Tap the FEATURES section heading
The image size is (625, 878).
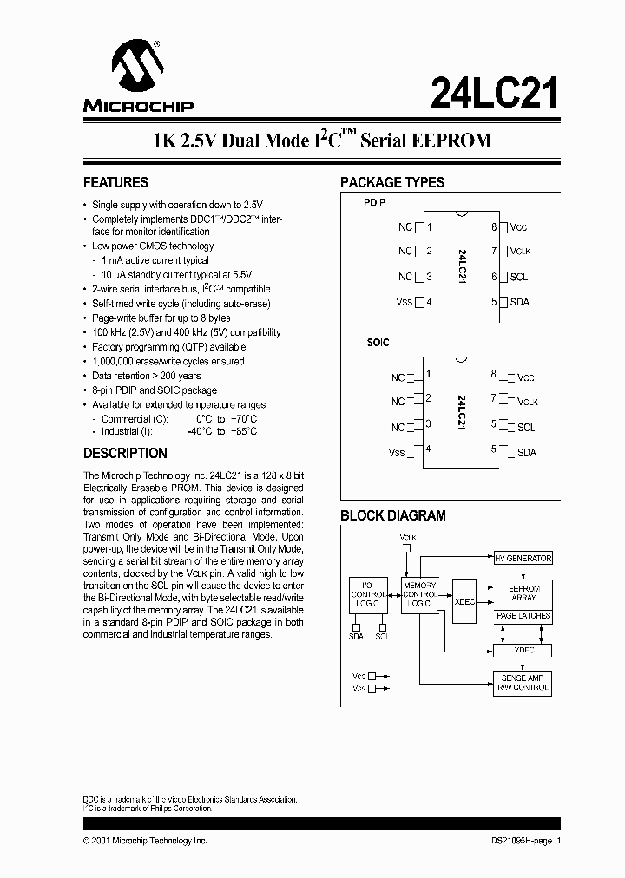pyautogui.click(x=115, y=183)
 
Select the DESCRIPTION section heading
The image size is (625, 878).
pyautogui.click(x=125, y=453)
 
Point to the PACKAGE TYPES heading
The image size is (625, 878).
pyautogui.click(x=392, y=183)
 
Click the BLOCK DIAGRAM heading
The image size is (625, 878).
pyautogui.click(x=392, y=515)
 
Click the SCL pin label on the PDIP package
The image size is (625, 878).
pyautogui.click(x=519, y=277)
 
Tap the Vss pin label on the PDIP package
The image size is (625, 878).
pyautogui.click(x=404, y=302)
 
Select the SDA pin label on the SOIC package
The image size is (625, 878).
pyautogui.click(x=527, y=452)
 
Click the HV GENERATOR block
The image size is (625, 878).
pyautogui.click(x=523, y=559)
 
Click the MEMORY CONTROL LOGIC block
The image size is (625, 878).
pyautogui.click(x=419, y=595)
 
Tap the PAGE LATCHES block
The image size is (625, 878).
pyautogui.click(x=523, y=616)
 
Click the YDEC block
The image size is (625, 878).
pyautogui.click(x=523, y=649)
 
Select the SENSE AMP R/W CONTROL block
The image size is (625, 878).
pyautogui.click(x=523, y=682)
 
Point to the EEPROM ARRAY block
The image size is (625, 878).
pyautogui.click(x=523, y=593)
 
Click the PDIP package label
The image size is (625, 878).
pyautogui.click(x=374, y=202)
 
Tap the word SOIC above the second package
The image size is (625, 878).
pyautogui.click(x=378, y=343)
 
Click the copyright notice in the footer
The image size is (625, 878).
pyautogui.click(x=145, y=841)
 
